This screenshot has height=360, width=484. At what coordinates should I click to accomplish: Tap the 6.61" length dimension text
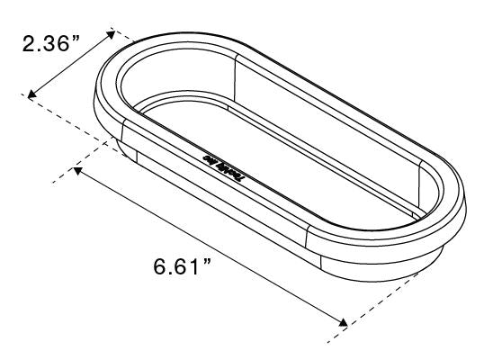(x=182, y=267)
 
